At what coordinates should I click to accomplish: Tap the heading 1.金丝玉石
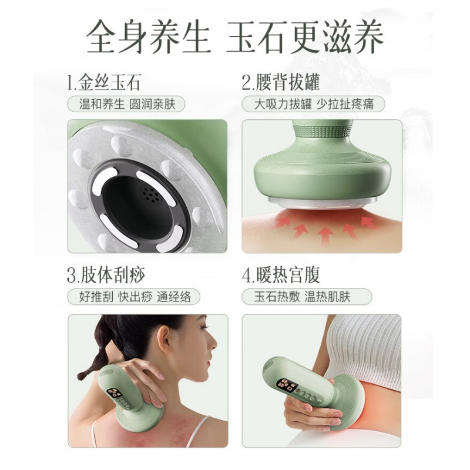pos(104,82)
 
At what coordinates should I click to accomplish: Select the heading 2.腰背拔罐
pos(281,82)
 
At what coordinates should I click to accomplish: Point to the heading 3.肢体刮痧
pos(106,275)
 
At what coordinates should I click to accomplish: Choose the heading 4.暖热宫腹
pos(281,275)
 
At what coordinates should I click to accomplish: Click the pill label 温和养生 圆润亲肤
pos(126,105)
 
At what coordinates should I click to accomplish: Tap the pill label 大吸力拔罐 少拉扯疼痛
pos(313,105)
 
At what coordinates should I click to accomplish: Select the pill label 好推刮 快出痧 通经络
pos(134,297)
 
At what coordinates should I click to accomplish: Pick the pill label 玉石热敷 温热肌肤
pos(307,297)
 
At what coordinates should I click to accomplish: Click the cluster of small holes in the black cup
pos(150,194)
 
